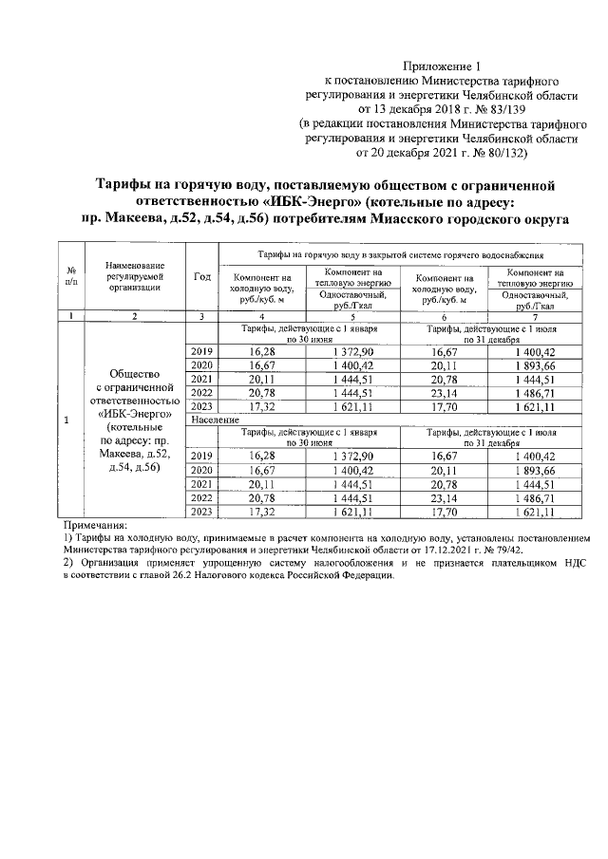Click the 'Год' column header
(201, 276)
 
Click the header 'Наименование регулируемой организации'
(136, 276)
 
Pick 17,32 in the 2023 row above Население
(261, 406)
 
